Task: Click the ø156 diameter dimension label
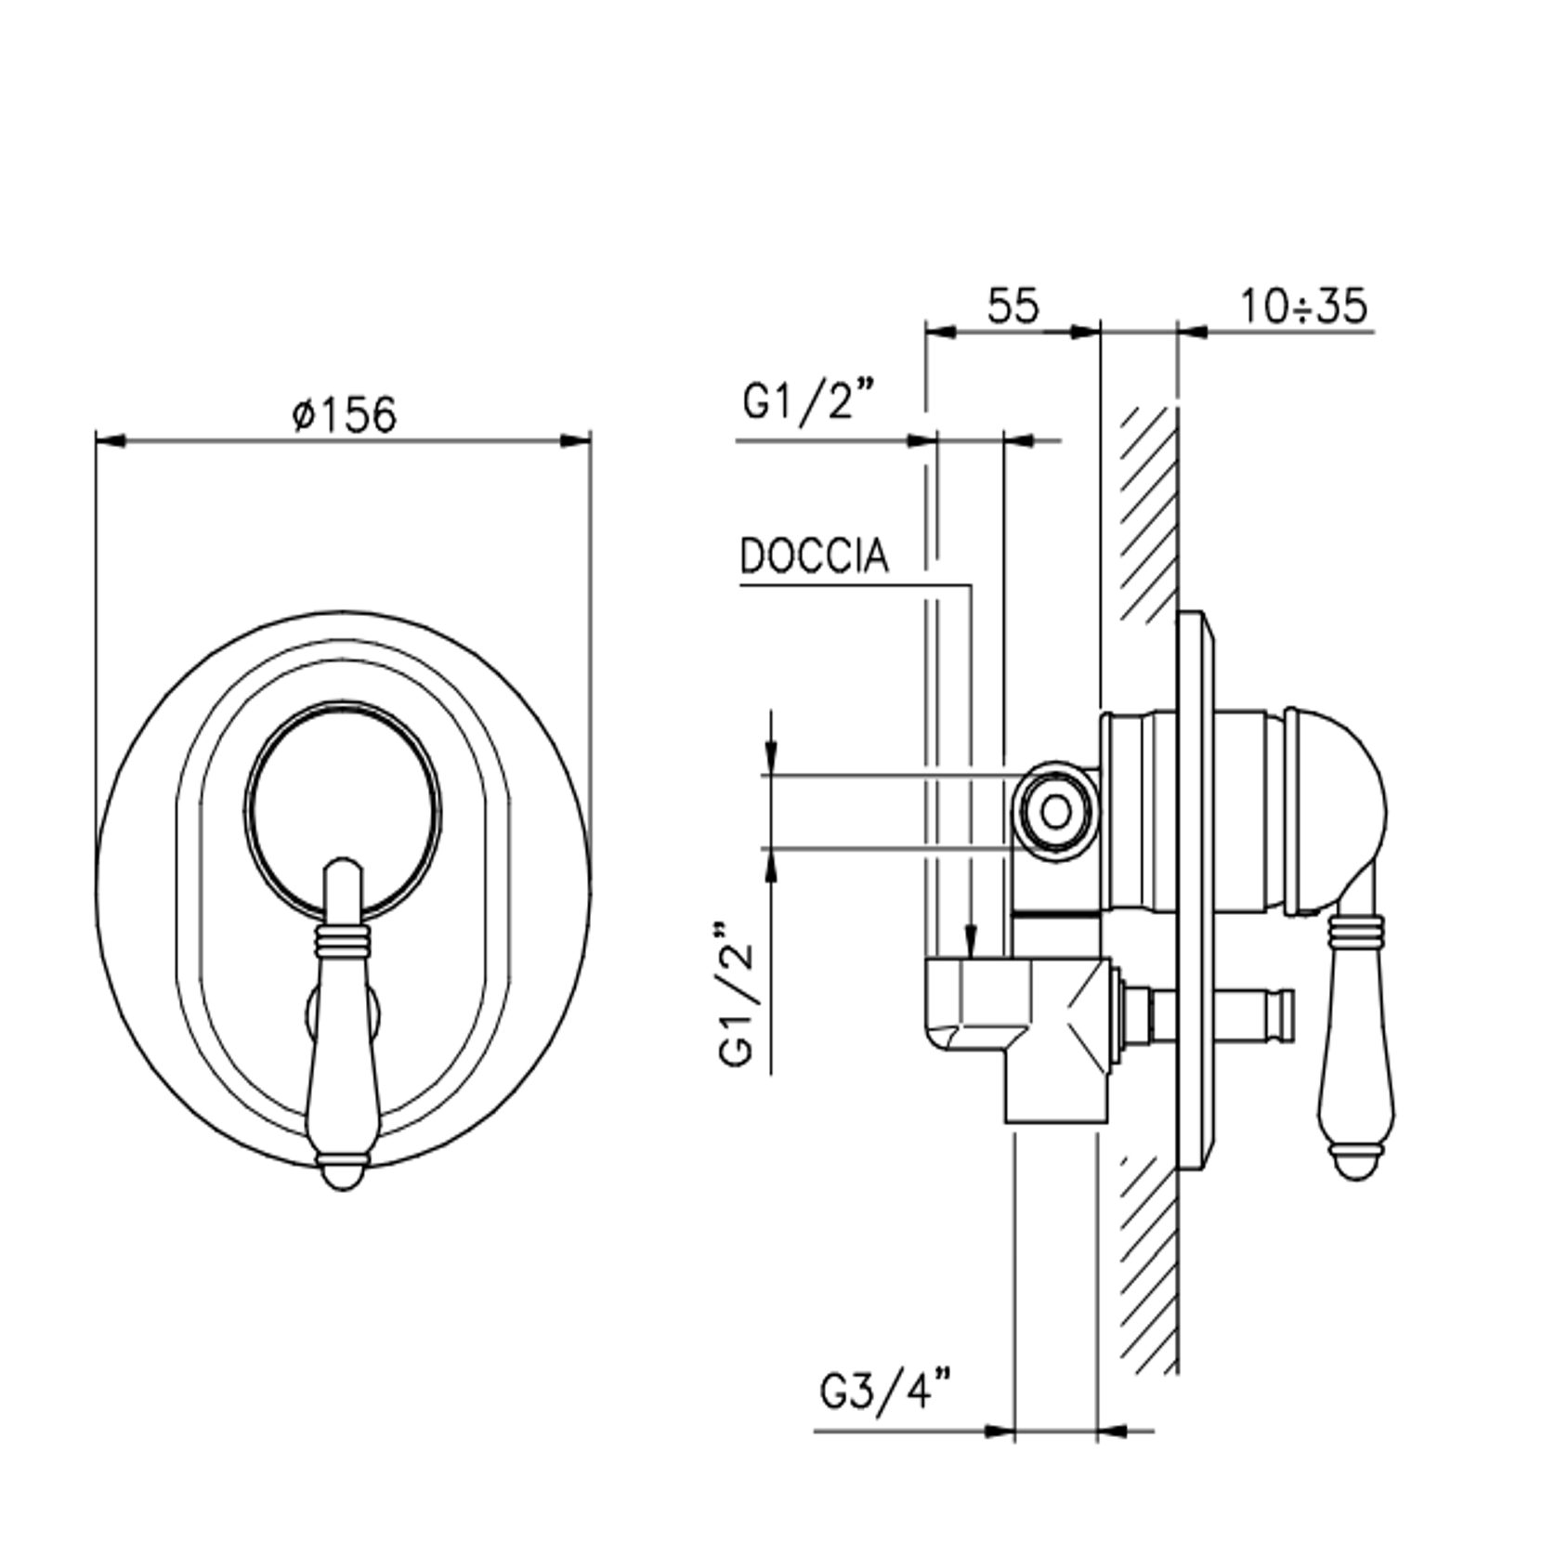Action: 344,413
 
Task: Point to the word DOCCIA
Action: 814,556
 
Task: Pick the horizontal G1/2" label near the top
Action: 798,402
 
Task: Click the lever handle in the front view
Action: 343,1023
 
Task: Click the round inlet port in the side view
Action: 1055,811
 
